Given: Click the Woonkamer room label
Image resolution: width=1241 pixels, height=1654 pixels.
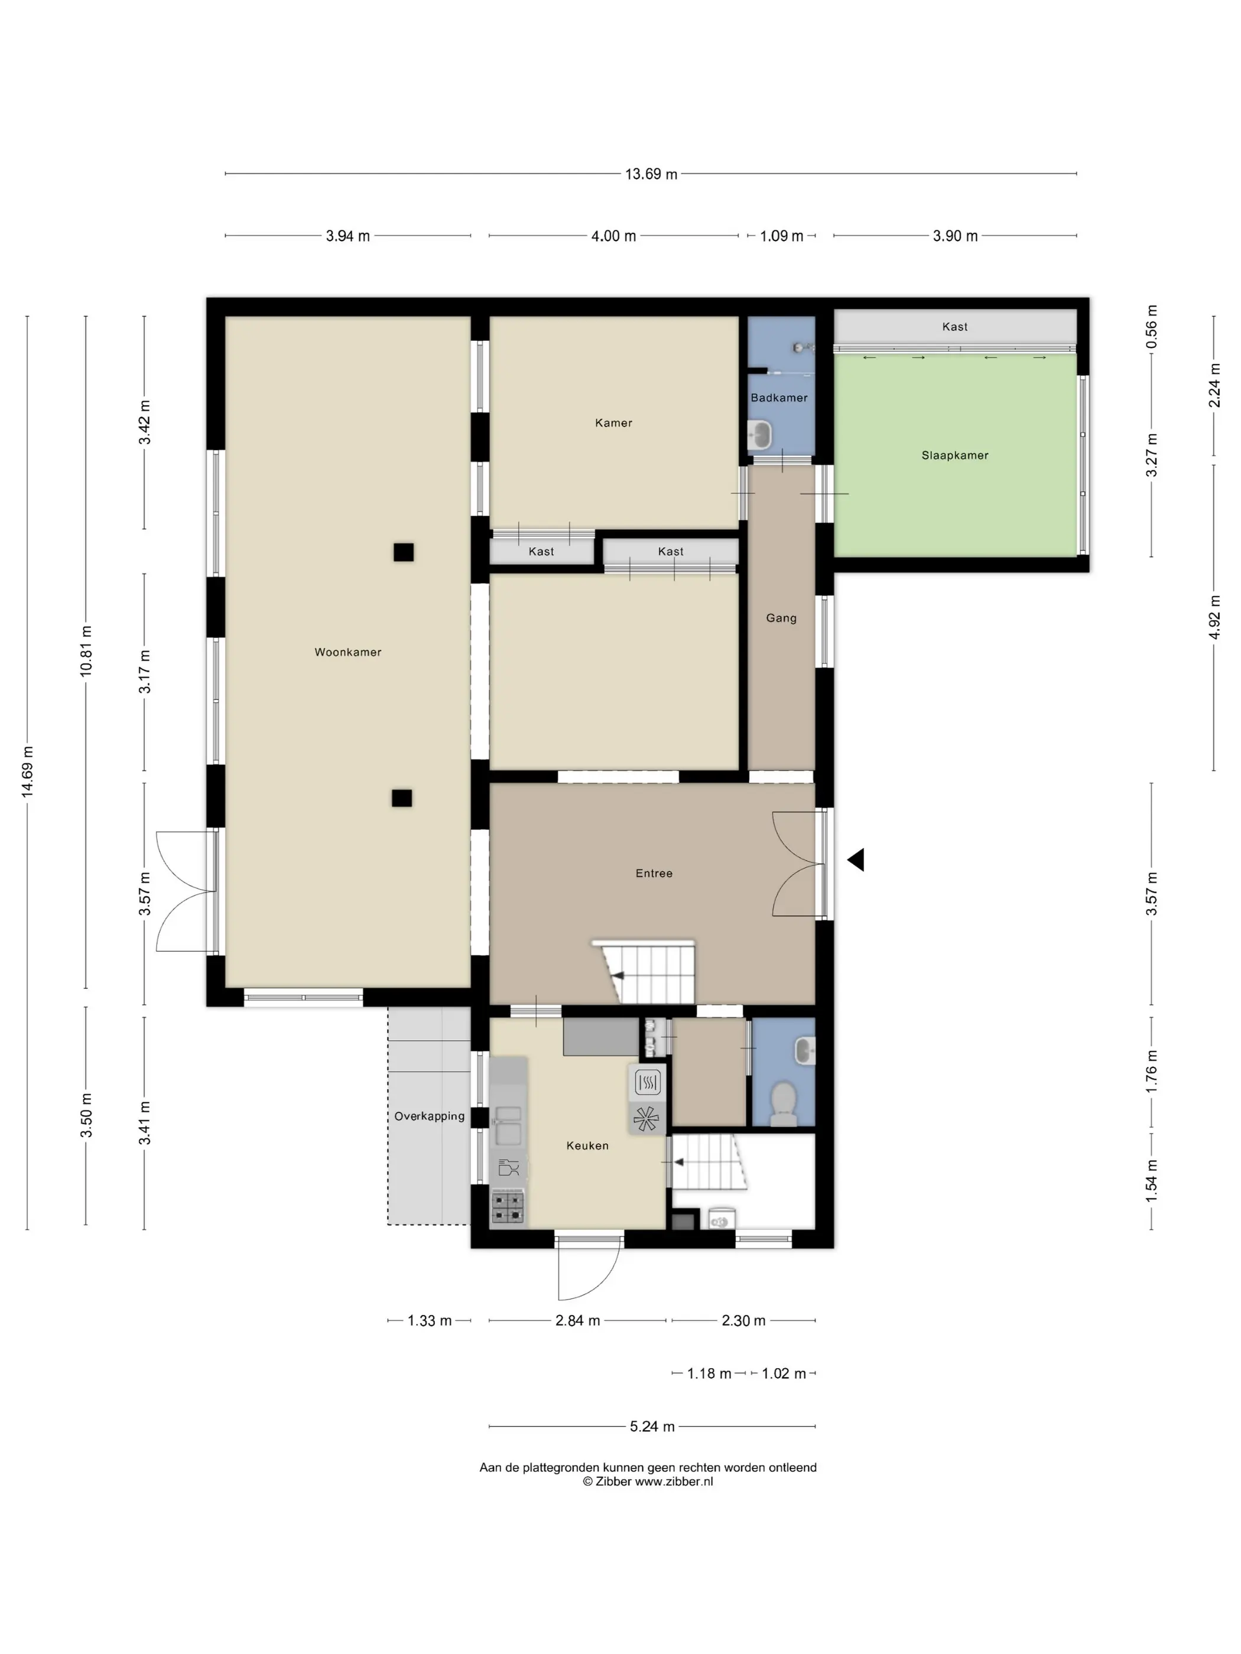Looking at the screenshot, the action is (348, 652).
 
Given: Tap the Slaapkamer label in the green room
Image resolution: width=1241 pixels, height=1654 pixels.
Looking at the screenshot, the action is (954, 455).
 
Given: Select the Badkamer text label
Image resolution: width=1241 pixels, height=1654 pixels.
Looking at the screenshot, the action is (779, 398).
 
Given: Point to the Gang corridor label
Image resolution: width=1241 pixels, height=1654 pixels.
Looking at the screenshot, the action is (781, 618).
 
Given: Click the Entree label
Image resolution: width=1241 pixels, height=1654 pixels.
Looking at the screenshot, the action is (654, 873).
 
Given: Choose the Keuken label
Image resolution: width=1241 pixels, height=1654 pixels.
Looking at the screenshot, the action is (587, 1145).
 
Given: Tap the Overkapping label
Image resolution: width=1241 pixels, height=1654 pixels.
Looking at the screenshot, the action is (430, 1116).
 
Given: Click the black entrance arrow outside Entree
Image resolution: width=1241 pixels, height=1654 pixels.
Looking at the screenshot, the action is (856, 860).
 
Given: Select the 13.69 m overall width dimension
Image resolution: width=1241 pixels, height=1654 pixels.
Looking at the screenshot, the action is (651, 174).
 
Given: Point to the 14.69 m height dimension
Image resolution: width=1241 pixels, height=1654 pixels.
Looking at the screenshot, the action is (28, 771).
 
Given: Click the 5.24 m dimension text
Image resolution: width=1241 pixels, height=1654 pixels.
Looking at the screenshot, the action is (652, 1427).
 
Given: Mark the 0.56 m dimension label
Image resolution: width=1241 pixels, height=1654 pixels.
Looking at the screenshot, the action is (1152, 327).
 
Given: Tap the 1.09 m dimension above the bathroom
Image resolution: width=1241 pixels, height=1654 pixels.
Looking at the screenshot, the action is (781, 236).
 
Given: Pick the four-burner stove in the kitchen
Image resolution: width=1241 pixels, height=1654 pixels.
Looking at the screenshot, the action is (507, 1207).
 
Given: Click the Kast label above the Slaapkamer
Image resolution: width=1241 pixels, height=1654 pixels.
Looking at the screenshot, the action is (954, 327).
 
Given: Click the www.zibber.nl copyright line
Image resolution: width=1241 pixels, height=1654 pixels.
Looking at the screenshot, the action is (648, 1482).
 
